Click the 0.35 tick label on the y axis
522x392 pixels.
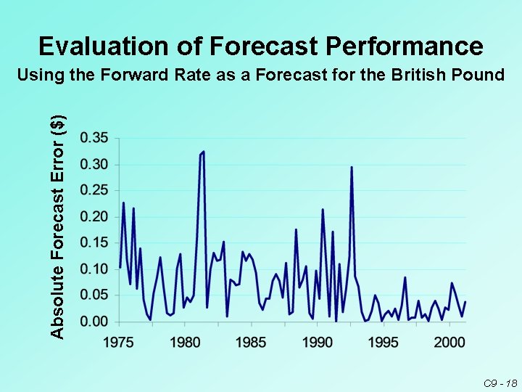(x=94, y=138)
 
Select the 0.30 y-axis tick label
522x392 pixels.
(x=94, y=164)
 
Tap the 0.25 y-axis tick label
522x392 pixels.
(x=94, y=190)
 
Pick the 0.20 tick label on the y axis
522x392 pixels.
(x=94, y=216)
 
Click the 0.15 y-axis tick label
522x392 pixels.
(x=94, y=242)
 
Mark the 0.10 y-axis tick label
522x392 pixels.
(x=94, y=269)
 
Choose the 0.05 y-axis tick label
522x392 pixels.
(x=94, y=295)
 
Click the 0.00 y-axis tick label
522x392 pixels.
(x=94, y=321)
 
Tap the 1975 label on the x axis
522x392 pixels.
(x=119, y=341)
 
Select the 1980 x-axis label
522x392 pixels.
(x=185, y=341)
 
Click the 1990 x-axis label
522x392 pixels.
(x=317, y=341)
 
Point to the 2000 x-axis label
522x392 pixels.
(x=449, y=341)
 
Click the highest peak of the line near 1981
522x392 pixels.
(x=204, y=152)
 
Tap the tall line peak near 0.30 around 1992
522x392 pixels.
(x=352, y=168)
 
